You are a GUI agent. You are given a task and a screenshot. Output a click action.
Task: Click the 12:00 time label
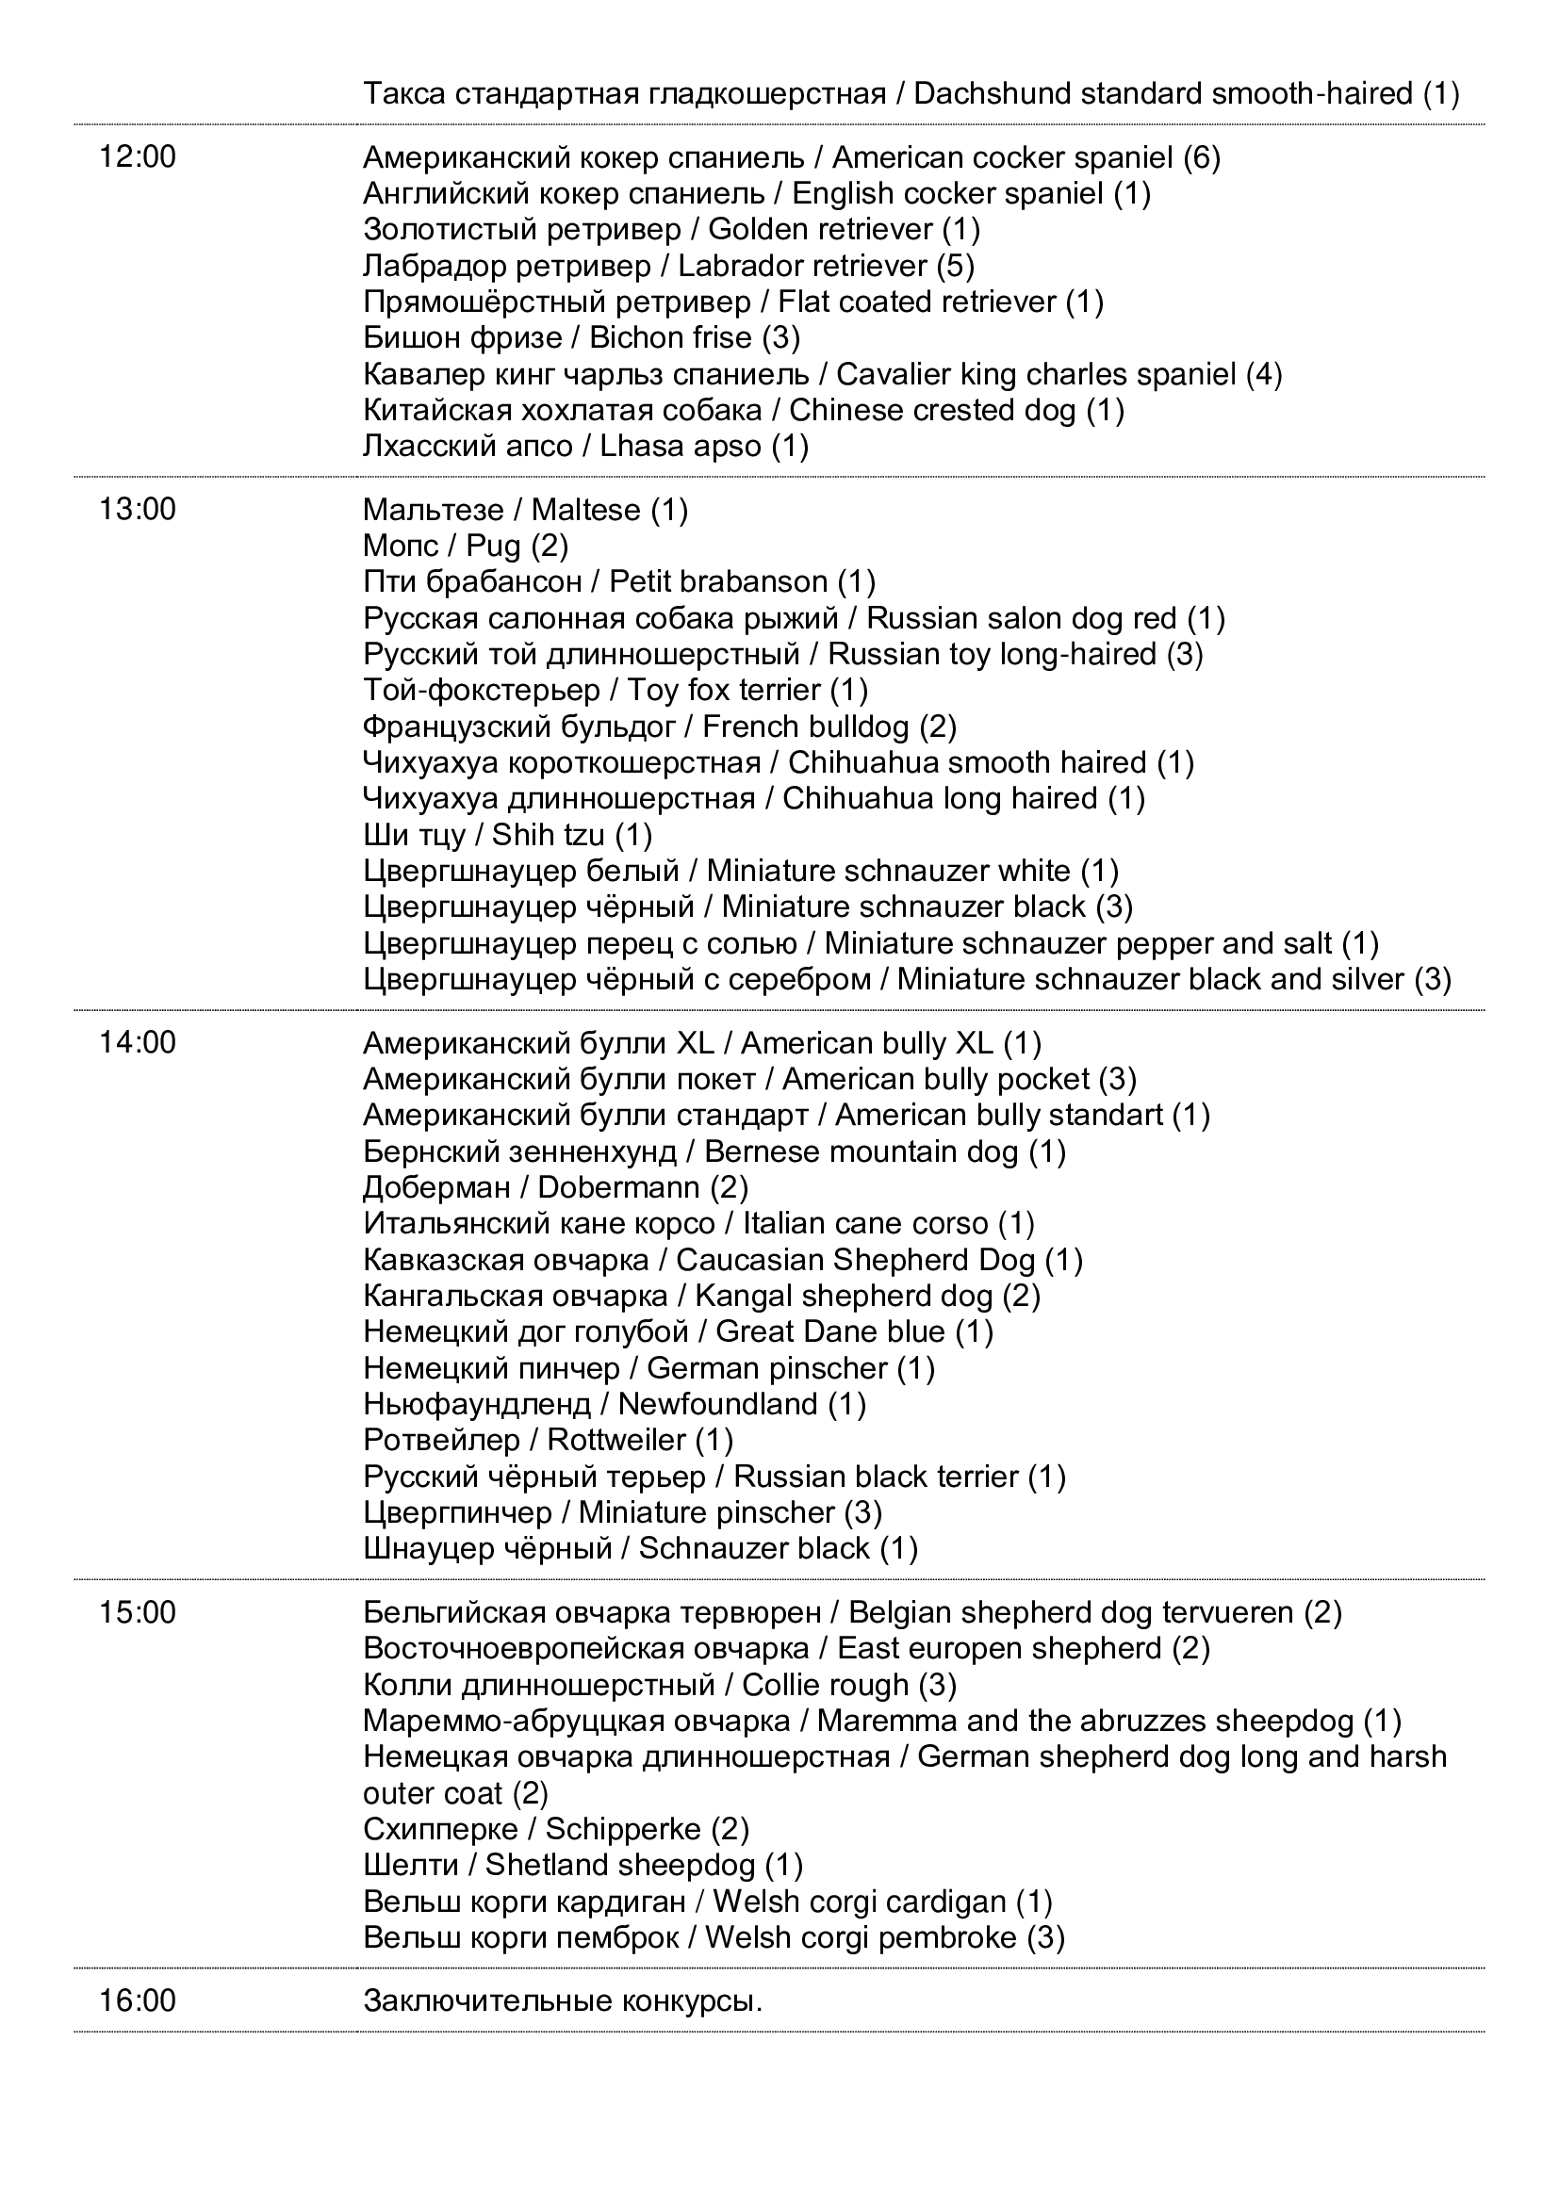(138, 156)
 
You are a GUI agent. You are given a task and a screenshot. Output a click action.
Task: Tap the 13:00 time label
(138, 509)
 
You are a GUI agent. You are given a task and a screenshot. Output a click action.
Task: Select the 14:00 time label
(138, 1042)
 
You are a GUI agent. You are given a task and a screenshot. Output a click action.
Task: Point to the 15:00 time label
(138, 1612)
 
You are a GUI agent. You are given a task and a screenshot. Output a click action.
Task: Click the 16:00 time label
(138, 2000)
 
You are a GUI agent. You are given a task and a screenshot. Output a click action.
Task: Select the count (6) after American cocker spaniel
(1202, 156)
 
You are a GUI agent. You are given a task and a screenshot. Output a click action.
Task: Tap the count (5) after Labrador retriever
(956, 265)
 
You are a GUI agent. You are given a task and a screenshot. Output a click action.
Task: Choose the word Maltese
(585, 509)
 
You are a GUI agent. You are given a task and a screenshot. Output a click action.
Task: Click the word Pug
(493, 547)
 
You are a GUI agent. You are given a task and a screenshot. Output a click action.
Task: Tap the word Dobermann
(618, 1187)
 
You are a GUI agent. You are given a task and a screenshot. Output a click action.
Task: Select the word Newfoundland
(717, 1404)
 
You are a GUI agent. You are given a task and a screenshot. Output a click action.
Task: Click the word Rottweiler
(616, 1440)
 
